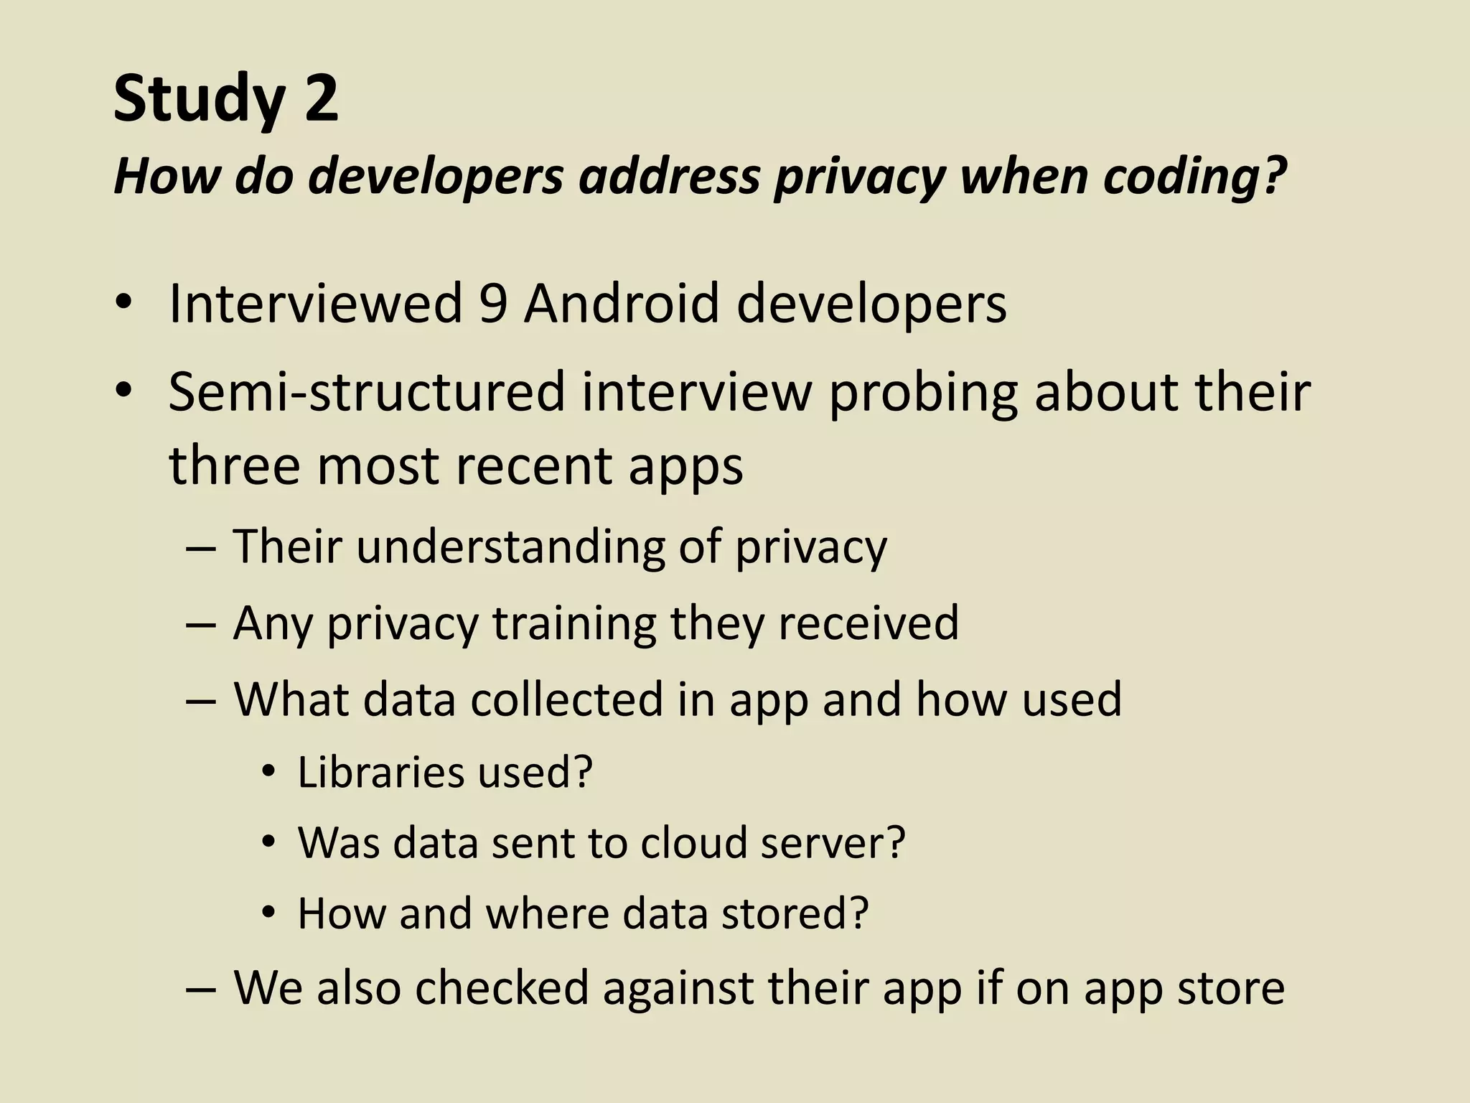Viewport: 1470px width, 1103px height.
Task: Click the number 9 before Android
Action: [493, 304]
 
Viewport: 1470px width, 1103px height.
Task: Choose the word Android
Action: [622, 304]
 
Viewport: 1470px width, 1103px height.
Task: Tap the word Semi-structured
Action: [367, 393]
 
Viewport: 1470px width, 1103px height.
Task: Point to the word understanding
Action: [510, 547]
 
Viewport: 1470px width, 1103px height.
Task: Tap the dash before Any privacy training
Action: [200, 624]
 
